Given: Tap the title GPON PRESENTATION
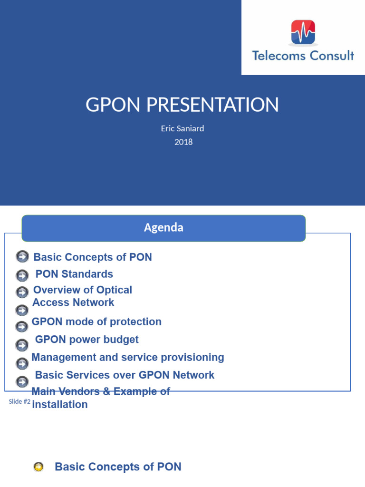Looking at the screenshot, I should [182, 105].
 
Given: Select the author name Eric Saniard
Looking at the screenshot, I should [182, 128].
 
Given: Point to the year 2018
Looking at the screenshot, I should [183, 141].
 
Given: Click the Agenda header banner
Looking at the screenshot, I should [163, 228].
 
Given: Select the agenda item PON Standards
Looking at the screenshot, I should [74, 274].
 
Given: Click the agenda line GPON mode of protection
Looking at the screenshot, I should [96, 321].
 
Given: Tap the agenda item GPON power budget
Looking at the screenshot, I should [87, 340].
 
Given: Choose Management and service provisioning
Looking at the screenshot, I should [127, 357].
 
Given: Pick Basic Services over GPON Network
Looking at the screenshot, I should [125, 375].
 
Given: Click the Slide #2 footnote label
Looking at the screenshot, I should [19, 402].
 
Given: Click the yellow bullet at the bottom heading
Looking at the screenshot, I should [38, 467].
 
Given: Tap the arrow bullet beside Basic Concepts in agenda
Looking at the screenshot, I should [22, 257].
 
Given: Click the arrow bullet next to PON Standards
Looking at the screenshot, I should [22, 275].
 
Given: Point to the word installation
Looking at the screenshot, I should [60, 405].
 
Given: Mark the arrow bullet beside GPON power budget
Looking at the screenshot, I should [22, 345].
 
